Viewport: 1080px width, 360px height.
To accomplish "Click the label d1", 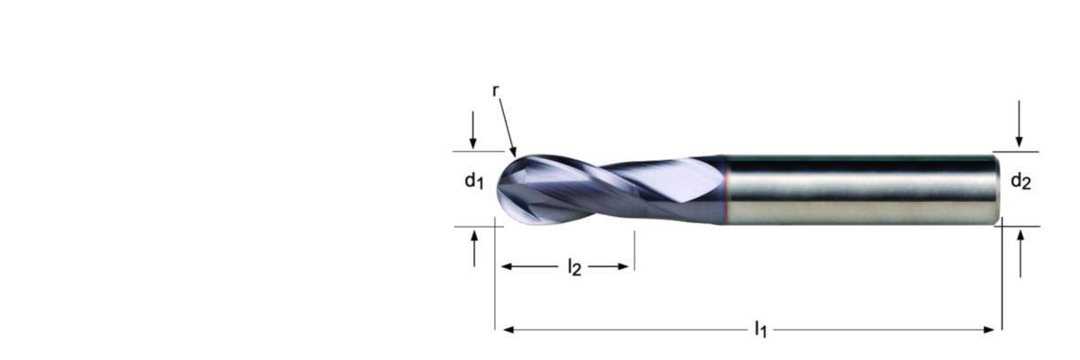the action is (474, 181).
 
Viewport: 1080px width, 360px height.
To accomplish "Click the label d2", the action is (1021, 181).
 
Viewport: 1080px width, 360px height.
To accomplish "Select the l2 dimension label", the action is (574, 267).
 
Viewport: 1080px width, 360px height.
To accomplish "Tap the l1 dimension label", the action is (760, 329).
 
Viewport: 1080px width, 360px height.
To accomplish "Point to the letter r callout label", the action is (495, 91).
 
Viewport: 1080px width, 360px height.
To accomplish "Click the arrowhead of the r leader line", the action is (513, 152).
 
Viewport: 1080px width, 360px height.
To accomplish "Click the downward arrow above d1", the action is (473, 130).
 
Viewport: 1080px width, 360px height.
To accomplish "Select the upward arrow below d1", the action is (474, 248).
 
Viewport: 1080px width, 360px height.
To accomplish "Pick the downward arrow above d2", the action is (1019, 123).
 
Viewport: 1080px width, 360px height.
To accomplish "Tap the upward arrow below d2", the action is (1021, 254).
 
